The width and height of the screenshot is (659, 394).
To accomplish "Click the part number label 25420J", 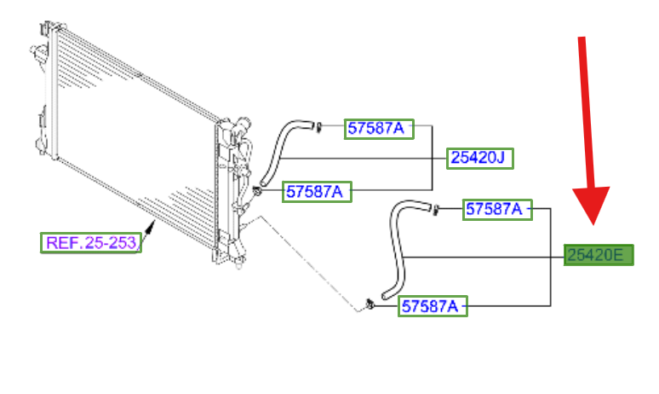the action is point(480,159).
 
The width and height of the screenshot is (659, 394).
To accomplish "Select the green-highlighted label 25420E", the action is point(599,255).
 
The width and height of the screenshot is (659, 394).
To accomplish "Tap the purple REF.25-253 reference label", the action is point(91,243).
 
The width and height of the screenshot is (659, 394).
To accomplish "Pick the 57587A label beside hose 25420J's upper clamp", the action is point(379,129).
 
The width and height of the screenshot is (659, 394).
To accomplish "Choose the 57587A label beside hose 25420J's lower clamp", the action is point(317,192).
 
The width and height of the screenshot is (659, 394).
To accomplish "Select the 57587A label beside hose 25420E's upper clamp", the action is point(497,210).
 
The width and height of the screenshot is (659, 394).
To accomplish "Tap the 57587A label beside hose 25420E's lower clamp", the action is point(433,306).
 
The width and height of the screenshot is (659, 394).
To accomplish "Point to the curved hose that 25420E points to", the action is point(397,248).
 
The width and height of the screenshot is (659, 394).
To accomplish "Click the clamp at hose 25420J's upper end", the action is point(318,126).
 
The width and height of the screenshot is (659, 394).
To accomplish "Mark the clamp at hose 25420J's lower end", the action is point(257,192).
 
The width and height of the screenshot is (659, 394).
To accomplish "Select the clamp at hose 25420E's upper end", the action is point(435,209).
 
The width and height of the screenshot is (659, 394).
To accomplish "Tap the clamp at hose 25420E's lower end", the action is point(370,304).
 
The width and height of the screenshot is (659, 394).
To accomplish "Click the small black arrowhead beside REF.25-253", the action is point(150,229).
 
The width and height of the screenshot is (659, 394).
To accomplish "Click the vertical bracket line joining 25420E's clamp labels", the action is point(551,258).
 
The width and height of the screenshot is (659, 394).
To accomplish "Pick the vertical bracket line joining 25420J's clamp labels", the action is point(433,158).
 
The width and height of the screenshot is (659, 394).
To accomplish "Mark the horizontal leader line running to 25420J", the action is point(363,159).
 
